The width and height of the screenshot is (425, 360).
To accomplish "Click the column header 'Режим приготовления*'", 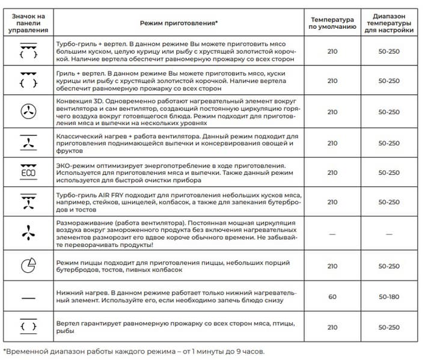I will pyautogui.click(x=179, y=23).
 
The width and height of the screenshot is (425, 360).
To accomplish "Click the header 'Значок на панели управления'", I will pyautogui.click(x=28, y=23).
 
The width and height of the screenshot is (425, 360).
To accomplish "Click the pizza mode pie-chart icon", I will pyautogui.click(x=28, y=266).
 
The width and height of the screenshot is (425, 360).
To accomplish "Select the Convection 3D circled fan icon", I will pyautogui.click(x=28, y=112).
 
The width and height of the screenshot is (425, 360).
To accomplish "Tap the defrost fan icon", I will pyautogui.click(x=28, y=233).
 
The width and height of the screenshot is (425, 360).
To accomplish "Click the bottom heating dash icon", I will pyautogui.click(x=28, y=297).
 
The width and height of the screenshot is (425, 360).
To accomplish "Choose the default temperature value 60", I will pyautogui.click(x=332, y=297).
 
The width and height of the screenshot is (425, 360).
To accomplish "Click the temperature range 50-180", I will pyautogui.click(x=389, y=297).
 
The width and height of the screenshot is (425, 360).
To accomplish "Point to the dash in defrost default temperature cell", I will pyautogui.click(x=332, y=233).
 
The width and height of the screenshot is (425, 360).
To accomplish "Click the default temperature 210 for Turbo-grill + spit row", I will pyautogui.click(x=332, y=52).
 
